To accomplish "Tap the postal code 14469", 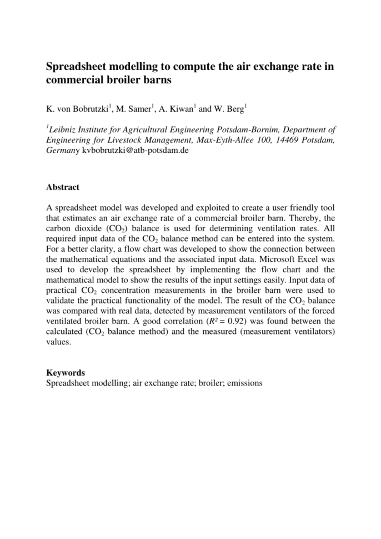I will point(287,141).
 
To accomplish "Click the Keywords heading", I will point(65,373).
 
